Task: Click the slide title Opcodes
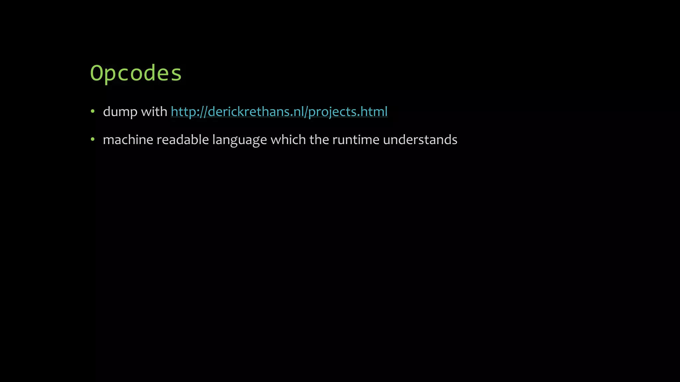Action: pyautogui.click(x=136, y=73)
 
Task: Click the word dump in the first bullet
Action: pyautogui.click(x=120, y=112)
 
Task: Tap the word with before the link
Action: pyautogui.click(x=154, y=111)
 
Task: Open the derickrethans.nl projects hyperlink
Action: pyautogui.click(x=279, y=112)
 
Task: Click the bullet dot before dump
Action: pyautogui.click(x=93, y=111)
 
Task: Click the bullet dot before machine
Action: pyautogui.click(x=93, y=140)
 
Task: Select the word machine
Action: pyautogui.click(x=128, y=140)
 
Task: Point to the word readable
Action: pyautogui.click(x=182, y=140)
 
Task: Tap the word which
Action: pyautogui.click(x=288, y=140)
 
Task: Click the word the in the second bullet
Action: pyautogui.click(x=319, y=140)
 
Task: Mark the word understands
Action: pyautogui.click(x=420, y=140)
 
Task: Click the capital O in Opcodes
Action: pyautogui.click(x=96, y=73)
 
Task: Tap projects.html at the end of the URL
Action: pyautogui.click(x=348, y=112)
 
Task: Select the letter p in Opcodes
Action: pyautogui.click(x=110, y=75)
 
